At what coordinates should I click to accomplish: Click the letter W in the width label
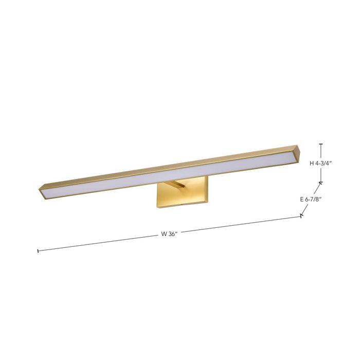coord(164,234)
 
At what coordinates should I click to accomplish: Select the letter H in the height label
coord(312,164)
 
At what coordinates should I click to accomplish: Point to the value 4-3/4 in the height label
coord(324,164)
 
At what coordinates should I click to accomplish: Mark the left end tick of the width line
coord(38,251)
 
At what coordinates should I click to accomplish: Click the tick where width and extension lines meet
coord(302,216)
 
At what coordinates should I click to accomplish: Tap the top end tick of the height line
coord(321,145)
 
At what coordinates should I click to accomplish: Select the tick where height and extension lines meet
coord(321,182)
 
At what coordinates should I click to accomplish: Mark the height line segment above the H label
coord(321,152)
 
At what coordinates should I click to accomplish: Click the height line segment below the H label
coord(321,175)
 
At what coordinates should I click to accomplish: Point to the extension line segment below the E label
coord(307,208)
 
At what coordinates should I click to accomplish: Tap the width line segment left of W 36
coord(98,243)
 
